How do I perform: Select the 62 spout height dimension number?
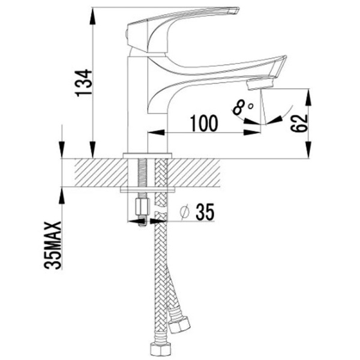pos(301,122)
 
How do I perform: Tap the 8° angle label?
pos(242,107)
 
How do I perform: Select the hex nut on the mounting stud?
pos(142,208)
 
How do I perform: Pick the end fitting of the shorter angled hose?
pos(178,325)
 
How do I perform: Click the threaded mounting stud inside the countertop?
pos(142,174)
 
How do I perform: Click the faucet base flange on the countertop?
pos(147,155)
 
